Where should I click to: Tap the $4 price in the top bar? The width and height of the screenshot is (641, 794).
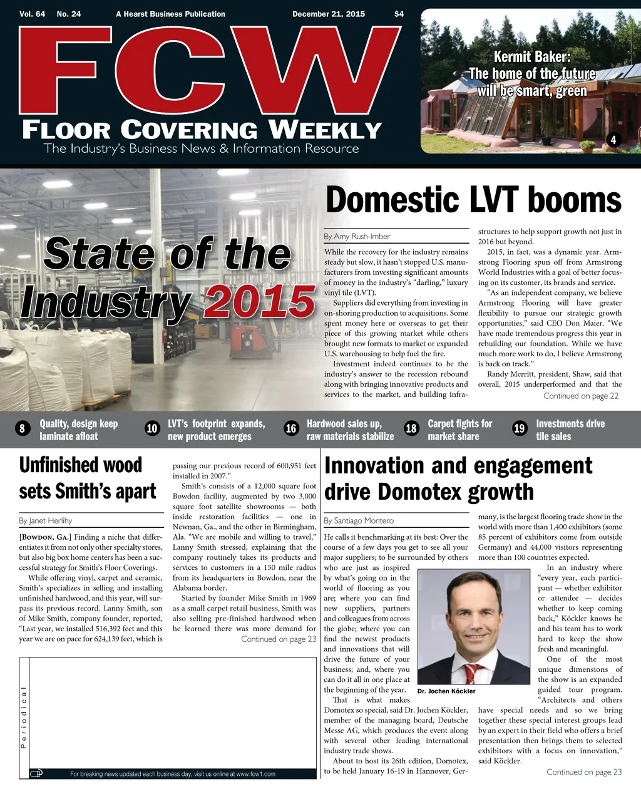click(x=399, y=14)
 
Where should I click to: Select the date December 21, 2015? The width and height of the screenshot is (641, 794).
click(x=329, y=14)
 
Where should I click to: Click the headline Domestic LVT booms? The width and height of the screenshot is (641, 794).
click(x=473, y=200)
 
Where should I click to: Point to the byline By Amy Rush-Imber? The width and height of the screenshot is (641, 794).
click(x=357, y=236)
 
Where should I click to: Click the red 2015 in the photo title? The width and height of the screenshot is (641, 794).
click(x=260, y=302)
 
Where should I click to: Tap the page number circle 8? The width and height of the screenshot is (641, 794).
click(x=23, y=428)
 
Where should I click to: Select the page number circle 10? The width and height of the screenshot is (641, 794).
click(x=152, y=428)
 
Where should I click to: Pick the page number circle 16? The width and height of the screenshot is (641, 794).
click(x=291, y=428)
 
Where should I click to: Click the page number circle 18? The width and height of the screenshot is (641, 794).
click(x=411, y=428)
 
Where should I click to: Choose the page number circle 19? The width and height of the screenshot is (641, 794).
click(x=519, y=428)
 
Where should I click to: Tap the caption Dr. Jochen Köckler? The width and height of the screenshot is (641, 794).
click(x=446, y=691)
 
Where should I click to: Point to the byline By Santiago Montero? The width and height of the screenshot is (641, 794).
click(x=359, y=520)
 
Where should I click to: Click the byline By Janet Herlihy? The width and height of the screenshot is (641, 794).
click(x=46, y=520)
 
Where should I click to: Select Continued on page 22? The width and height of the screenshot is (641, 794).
click(x=581, y=396)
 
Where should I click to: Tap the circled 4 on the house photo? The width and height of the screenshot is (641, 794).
click(x=613, y=140)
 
